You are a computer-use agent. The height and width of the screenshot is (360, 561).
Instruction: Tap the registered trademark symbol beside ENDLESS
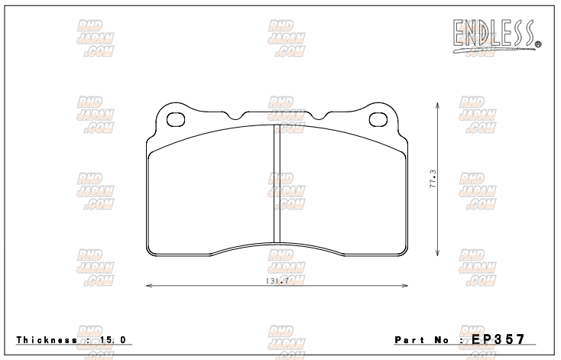pyautogui.click(x=538, y=44)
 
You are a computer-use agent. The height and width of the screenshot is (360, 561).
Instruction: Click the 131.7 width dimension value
pyautogui.click(x=276, y=281)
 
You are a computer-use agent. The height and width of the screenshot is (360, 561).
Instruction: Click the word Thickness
pyautogui.click(x=44, y=339)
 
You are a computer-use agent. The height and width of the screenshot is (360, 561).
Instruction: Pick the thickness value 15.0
pyautogui.click(x=112, y=339)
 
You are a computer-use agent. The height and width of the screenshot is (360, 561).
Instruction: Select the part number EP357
pyautogui.click(x=499, y=338)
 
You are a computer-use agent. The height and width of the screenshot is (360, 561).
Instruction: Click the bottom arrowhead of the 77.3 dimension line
pyautogui.click(x=436, y=256)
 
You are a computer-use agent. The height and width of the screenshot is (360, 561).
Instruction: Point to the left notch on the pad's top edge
pyautogui.click(x=236, y=117)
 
